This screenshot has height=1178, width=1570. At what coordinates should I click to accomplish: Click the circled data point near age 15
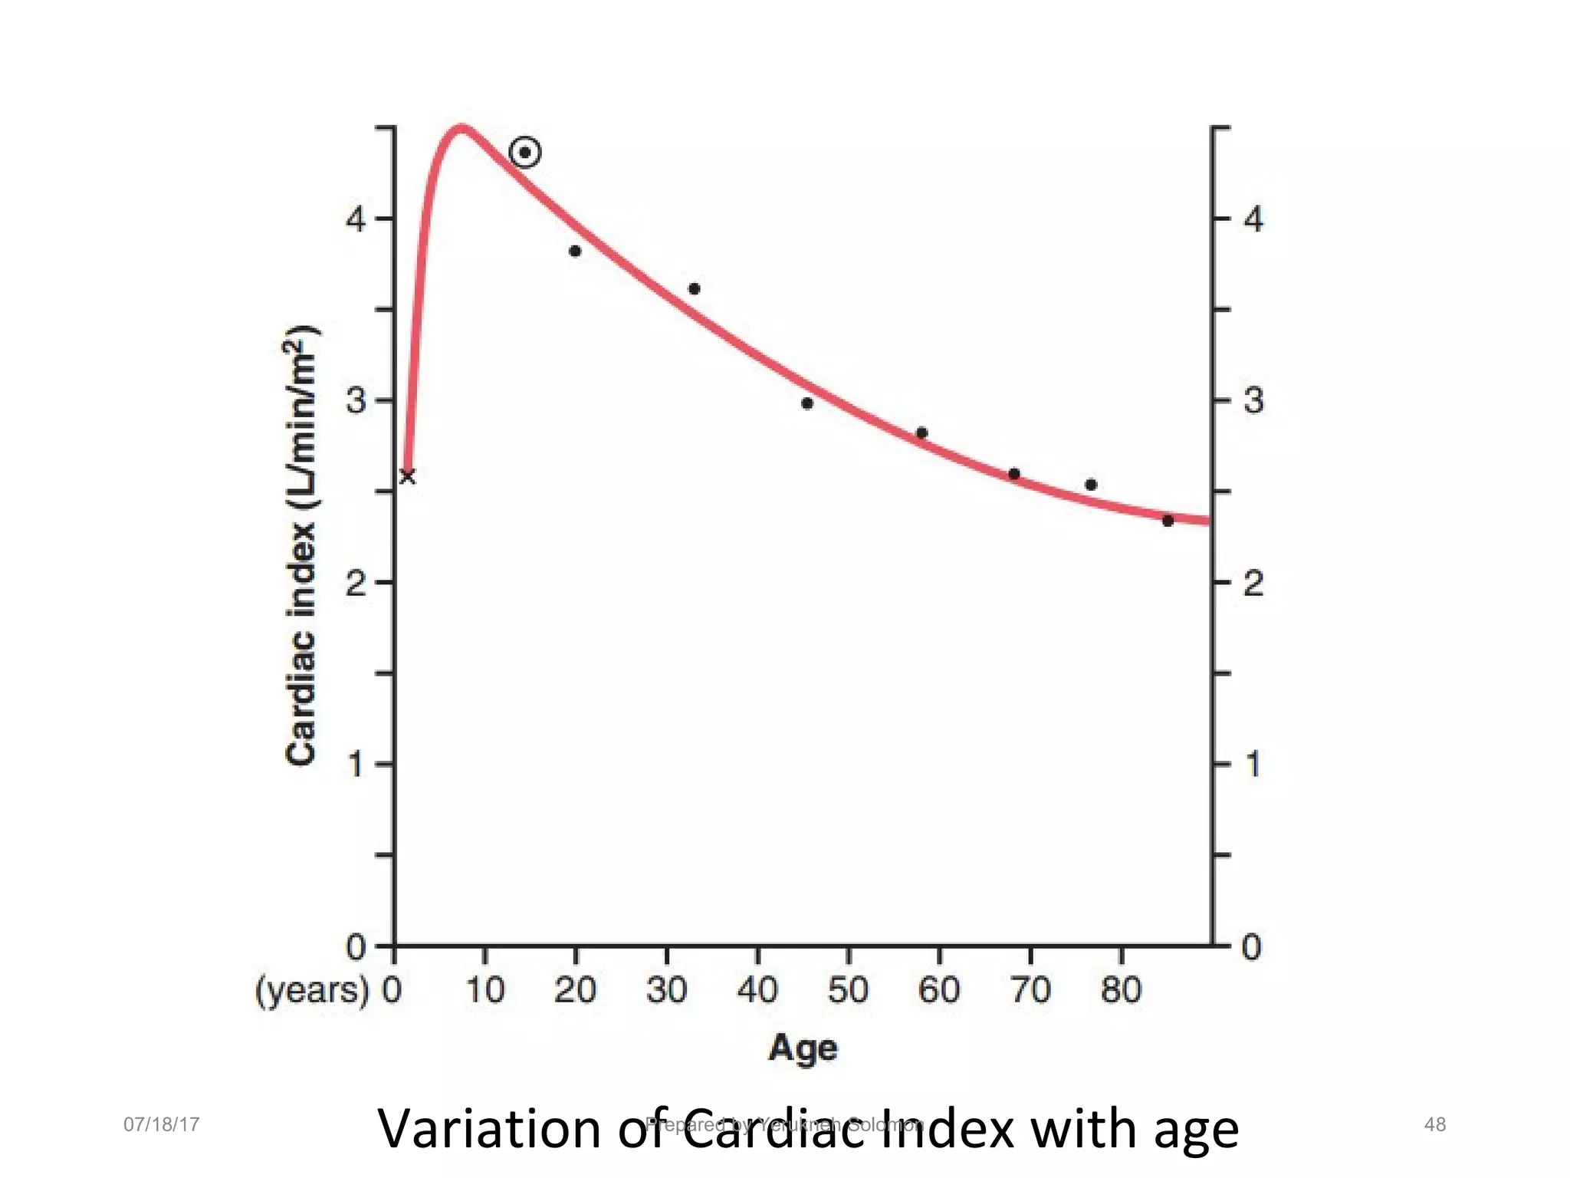pyautogui.click(x=525, y=153)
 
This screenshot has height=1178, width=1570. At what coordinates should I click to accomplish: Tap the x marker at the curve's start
pyautogui.click(x=408, y=477)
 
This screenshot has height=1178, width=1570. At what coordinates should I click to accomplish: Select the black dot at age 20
pyautogui.click(x=576, y=251)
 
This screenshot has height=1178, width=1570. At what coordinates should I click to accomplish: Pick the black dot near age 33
pyautogui.click(x=695, y=289)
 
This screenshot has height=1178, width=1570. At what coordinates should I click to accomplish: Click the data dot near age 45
pyautogui.click(x=807, y=403)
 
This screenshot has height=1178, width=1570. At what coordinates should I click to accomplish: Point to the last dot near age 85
pyautogui.click(x=1168, y=521)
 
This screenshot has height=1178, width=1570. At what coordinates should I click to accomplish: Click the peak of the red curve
pyautogui.click(x=461, y=129)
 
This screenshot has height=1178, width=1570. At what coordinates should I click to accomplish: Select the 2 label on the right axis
pyautogui.click(x=1253, y=584)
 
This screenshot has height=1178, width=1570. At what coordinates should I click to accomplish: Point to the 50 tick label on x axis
pyautogui.click(x=848, y=990)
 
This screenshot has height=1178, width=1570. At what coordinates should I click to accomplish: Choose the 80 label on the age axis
pyautogui.click(x=1122, y=990)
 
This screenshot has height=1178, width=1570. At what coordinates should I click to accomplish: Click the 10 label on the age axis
pyautogui.click(x=485, y=990)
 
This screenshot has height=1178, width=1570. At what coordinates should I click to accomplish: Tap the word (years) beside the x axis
pyautogui.click(x=312, y=991)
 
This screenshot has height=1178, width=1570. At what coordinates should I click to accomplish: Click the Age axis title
pyautogui.click(x=803, y=1048)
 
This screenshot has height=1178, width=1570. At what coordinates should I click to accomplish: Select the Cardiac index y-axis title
pyautogui.click(x=301, y=545)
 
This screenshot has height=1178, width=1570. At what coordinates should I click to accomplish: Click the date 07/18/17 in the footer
pyautogui.click(x=162, y=1124)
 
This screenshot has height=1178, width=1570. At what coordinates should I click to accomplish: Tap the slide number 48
pyautogui.click(x=1435, y=1124)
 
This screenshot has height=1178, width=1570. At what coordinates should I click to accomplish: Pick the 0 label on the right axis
pyautogui.click(x=1252, y=948)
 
